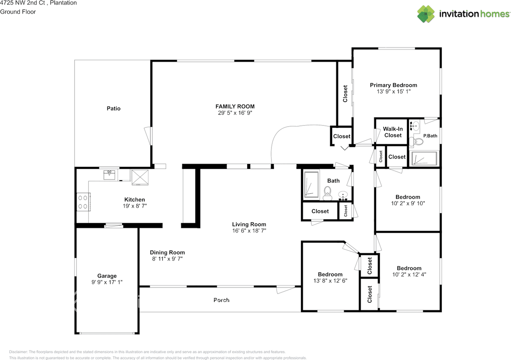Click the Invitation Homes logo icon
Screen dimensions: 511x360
426,14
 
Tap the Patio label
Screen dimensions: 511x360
113,108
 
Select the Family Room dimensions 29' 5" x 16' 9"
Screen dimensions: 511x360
235,113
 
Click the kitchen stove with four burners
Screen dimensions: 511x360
83,202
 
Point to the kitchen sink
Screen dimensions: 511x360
109,175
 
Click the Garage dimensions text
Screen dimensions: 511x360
107,282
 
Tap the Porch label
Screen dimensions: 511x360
221,300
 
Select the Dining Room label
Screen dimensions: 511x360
167,253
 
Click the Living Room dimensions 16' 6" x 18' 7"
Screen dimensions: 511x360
249,231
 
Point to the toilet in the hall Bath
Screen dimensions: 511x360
327,193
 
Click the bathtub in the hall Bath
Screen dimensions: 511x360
311,185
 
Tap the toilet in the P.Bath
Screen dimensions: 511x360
416,142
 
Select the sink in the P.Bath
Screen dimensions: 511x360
415,126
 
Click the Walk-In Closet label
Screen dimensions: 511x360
392,132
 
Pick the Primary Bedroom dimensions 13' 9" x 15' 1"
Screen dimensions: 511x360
394,91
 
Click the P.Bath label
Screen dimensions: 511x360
430,136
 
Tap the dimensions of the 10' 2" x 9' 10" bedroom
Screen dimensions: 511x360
408,203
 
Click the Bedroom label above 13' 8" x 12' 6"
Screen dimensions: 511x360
330,274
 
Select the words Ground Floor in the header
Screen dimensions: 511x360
18,12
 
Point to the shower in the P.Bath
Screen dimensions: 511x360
424,158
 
